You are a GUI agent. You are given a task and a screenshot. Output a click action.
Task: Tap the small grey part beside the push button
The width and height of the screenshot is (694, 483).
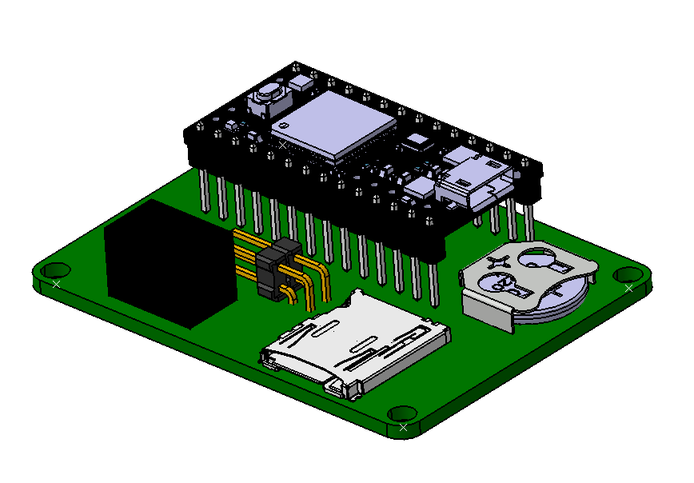coord(301,82)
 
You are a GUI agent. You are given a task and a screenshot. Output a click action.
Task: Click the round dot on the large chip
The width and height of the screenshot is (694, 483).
coord(281,126)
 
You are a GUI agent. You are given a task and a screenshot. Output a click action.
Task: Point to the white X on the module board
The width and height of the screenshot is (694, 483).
coord(282,146)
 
